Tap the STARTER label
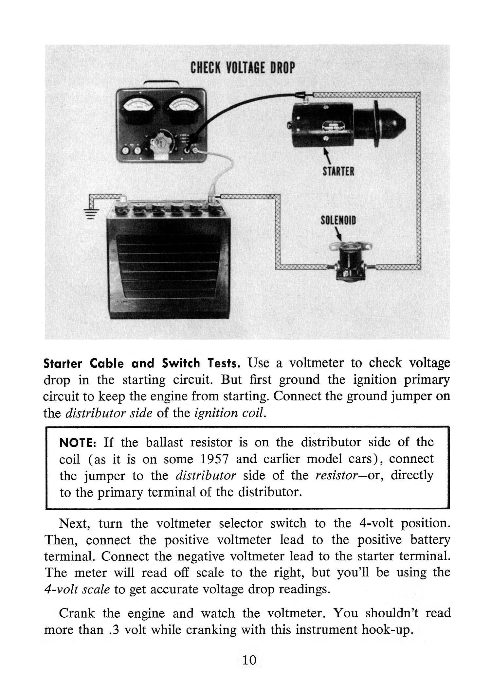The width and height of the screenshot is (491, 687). tap(338, 171)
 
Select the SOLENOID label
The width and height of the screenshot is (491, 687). tap(338, 221)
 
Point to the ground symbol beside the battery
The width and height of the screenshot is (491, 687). tap(92, 214)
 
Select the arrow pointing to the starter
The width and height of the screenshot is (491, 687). tap(328, 157)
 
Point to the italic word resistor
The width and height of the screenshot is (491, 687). tap(335, 475)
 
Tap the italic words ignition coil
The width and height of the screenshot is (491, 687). tap(229, 413)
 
